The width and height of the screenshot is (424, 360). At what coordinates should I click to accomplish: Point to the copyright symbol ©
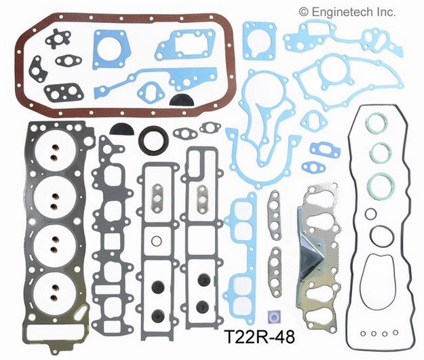[x=303, y=12]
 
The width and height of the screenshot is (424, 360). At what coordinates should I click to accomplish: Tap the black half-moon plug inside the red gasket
[x=180, y=100]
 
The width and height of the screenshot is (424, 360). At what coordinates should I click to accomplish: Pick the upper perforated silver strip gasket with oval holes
[x=275, y=205]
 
